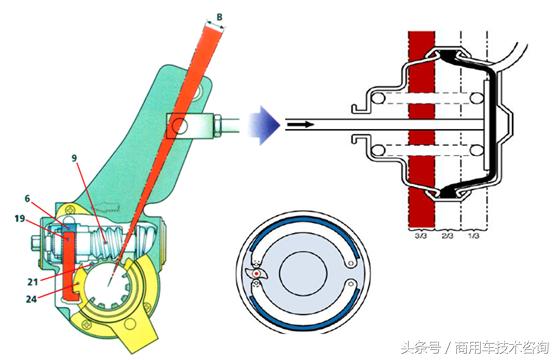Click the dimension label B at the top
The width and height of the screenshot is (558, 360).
coord(220,17)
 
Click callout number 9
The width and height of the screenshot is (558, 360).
coord(74,158)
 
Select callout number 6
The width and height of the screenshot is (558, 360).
coord(27,198)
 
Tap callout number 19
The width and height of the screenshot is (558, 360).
coord(19,218)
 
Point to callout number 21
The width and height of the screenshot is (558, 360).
coord(32,281)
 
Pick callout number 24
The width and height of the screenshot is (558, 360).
coord(31,299)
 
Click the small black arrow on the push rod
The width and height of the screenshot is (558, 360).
coord(301,125)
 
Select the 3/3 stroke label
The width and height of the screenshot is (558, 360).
coord(421,235)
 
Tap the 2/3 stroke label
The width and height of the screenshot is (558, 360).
coord(447,235)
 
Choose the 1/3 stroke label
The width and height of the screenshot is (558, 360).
coord(474,235)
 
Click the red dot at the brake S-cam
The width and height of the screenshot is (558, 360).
coord(256,274)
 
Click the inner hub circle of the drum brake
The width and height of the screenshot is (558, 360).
coord(303,273)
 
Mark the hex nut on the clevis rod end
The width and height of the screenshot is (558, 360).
coord(217,125)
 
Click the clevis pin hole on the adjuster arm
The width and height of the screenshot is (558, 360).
coord(179,125)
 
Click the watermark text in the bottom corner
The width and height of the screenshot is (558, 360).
coord(475,347)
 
